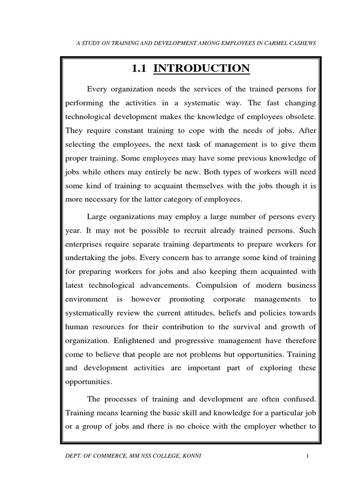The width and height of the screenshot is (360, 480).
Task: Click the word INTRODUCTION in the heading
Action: tap(202, 68)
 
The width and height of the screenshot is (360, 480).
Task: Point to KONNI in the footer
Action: tap(191, 457)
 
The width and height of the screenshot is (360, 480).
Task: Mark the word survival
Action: tap(257, 327)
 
